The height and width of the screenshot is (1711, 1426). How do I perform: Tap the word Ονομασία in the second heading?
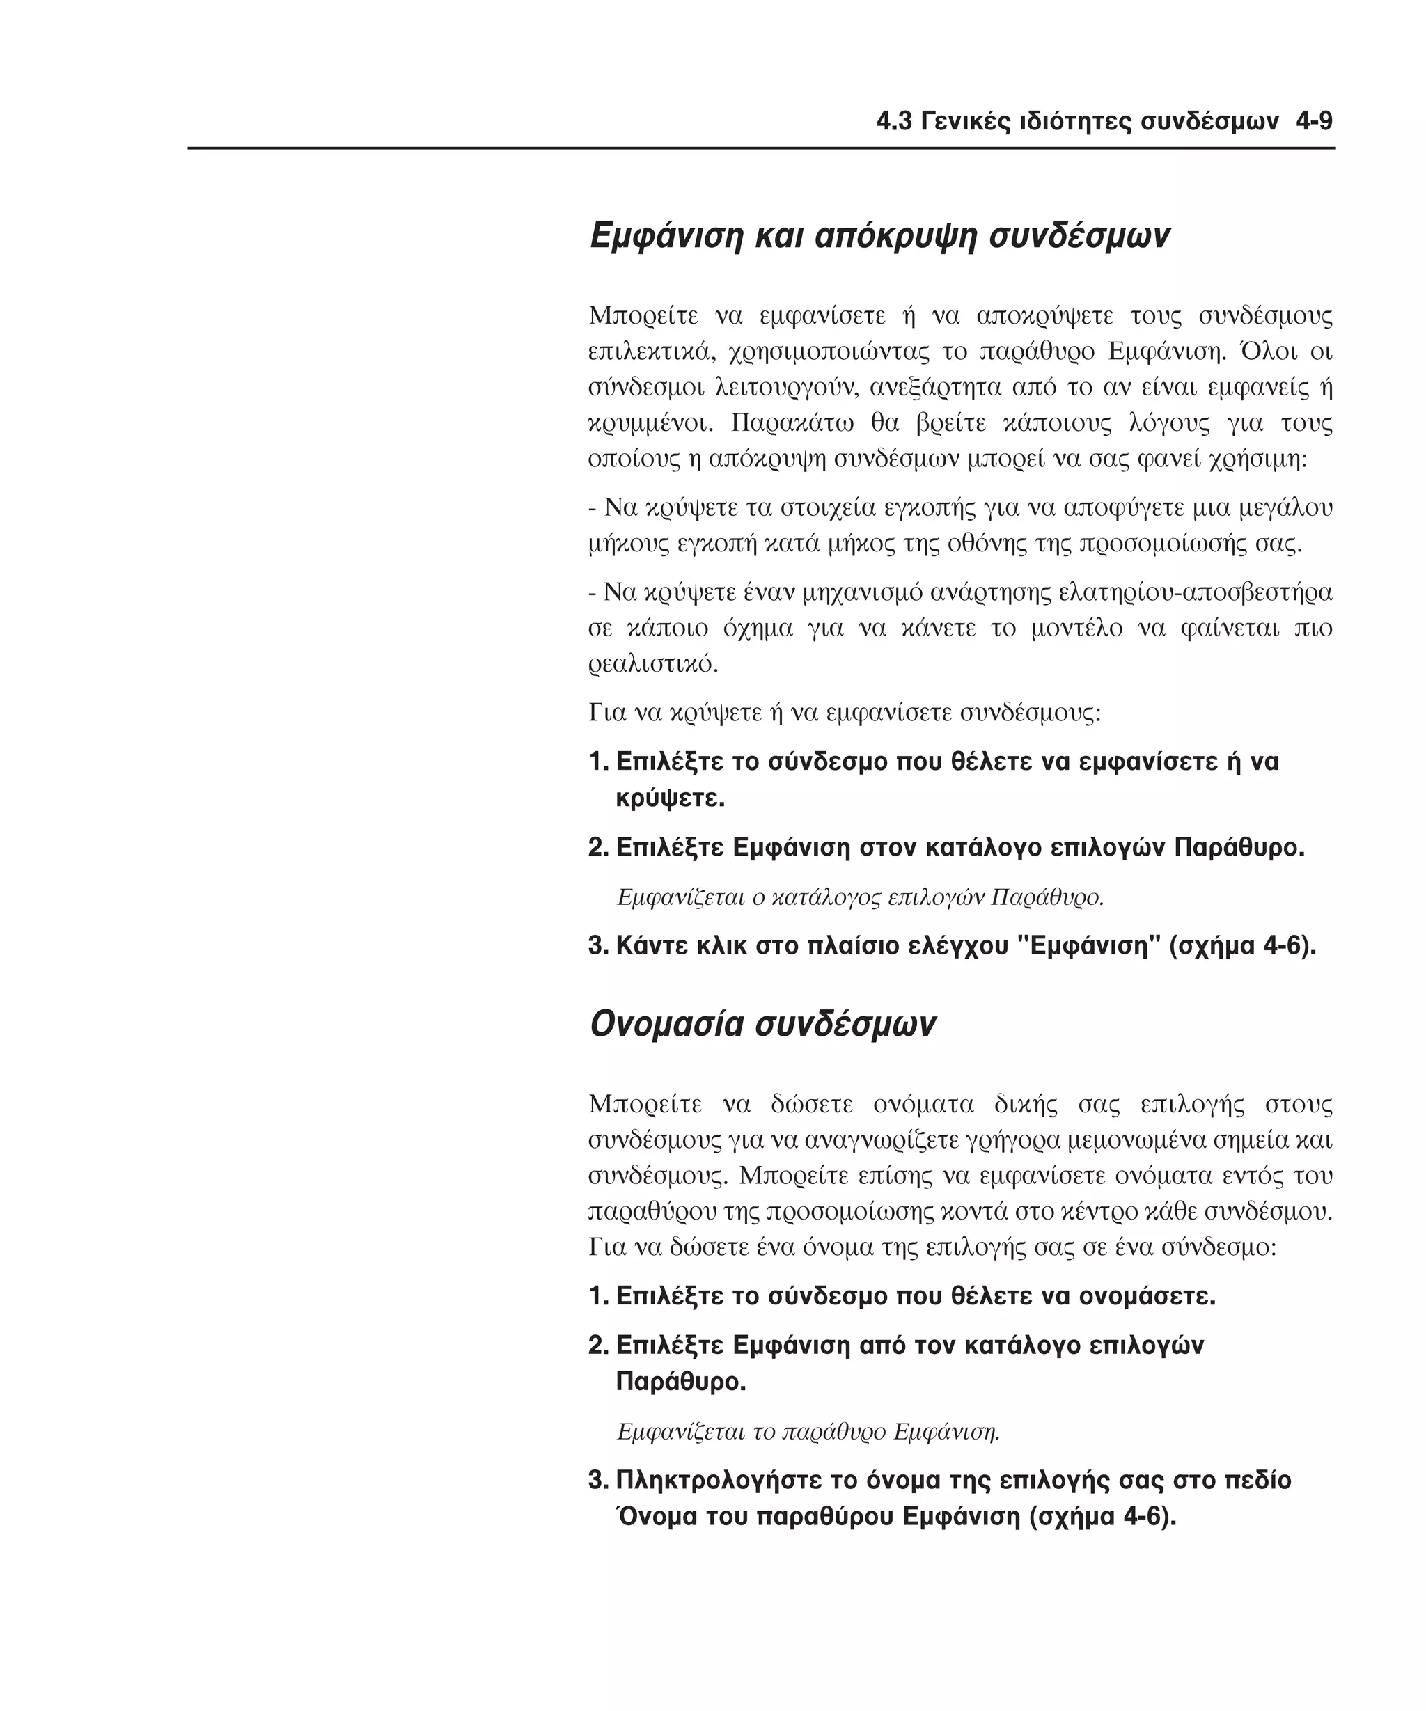[666, 1024]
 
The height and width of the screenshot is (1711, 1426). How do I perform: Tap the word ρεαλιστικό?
[654, 664]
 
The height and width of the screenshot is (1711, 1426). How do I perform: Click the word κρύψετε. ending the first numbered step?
[670, 798]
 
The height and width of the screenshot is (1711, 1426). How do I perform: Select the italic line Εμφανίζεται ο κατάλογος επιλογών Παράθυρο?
[861, 897]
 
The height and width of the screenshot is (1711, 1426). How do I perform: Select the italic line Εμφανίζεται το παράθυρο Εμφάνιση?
[808, 1430]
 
